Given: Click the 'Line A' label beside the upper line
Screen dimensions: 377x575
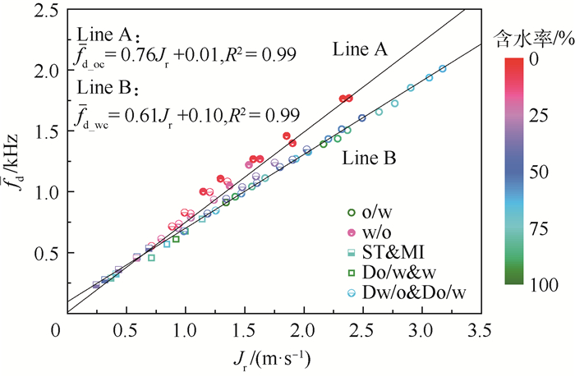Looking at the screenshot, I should coord(360,50).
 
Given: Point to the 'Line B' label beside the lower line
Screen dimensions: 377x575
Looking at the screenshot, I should coord(369,156).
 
